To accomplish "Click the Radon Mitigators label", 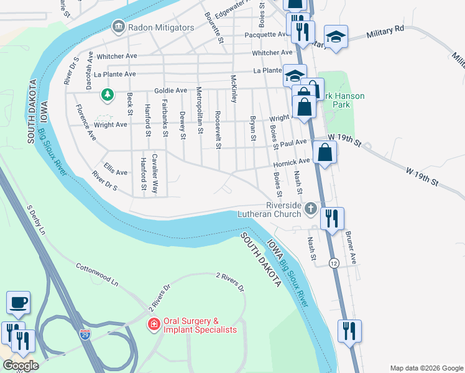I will pos(161,27).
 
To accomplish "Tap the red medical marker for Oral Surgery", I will pos(153,325).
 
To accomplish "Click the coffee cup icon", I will pos(18,303).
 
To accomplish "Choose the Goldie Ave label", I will pos(170,91).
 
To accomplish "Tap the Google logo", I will pos(21,366).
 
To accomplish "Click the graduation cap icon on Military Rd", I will pos(336,37).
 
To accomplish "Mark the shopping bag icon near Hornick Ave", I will pos(325,152).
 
